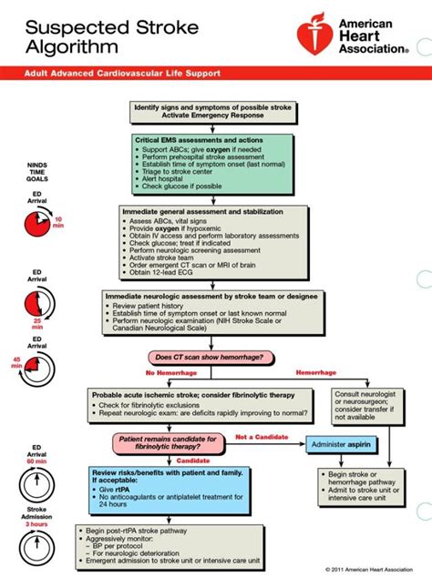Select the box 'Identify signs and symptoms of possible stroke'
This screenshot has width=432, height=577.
pos(212,111)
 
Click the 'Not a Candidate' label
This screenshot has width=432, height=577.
pos(258,437)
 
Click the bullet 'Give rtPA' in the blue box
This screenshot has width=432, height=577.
pos(117,490)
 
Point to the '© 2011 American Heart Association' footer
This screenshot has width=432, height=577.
pos(373,569)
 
